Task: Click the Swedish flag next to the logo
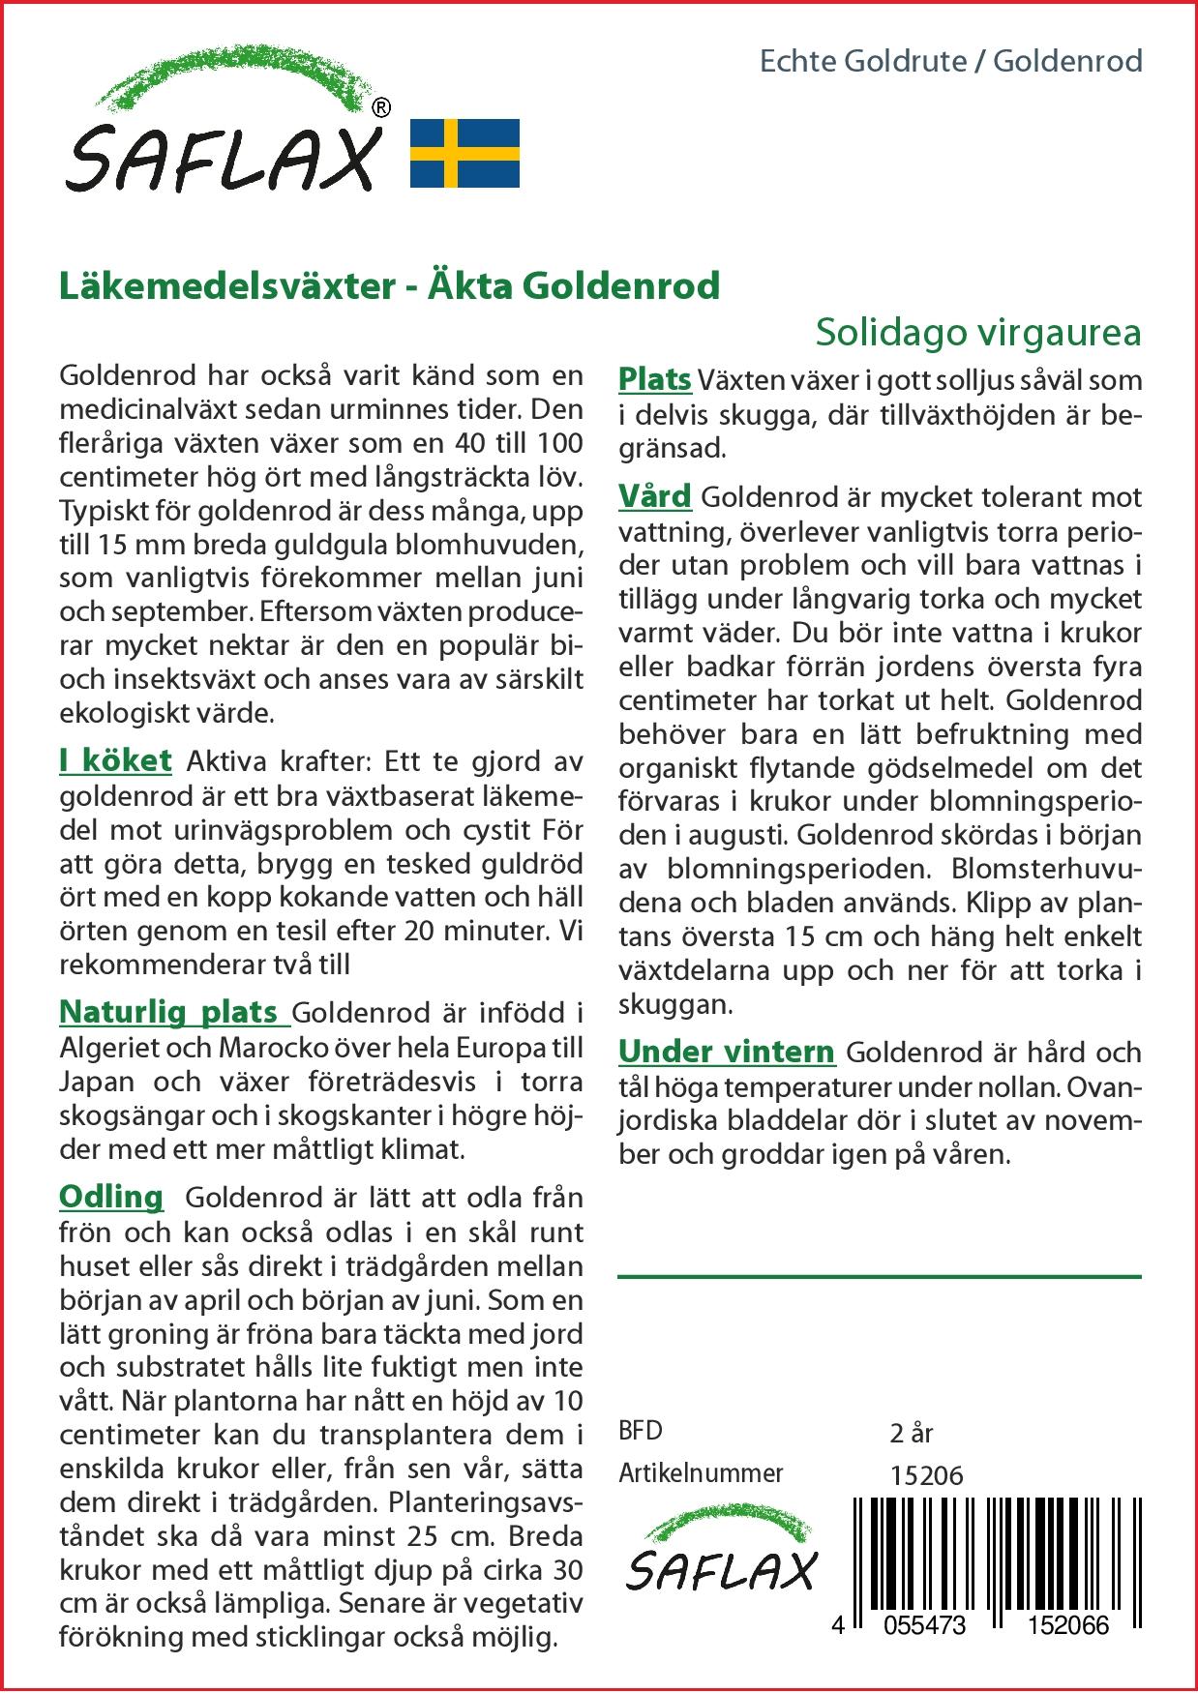[x=464, y=153]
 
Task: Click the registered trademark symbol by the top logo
[x=381, y=109]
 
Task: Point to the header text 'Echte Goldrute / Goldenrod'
[x=950, y=62]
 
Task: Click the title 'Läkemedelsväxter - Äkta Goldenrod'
[x=389, y=286]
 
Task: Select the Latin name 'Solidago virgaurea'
[x=977, y=332]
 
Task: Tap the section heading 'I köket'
[x=115, y=760]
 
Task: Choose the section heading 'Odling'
[x=111, y=1197]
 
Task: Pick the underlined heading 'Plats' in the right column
[x=654, y=379]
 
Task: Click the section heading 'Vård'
[x=654, y=496]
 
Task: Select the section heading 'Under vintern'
[x=726, y=1052]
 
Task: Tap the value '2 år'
[x=911, y=1432]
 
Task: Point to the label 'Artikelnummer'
[x=701, y=1473]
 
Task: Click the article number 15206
[x=926, y=1474]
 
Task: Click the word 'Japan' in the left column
[x=96, y=1082]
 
